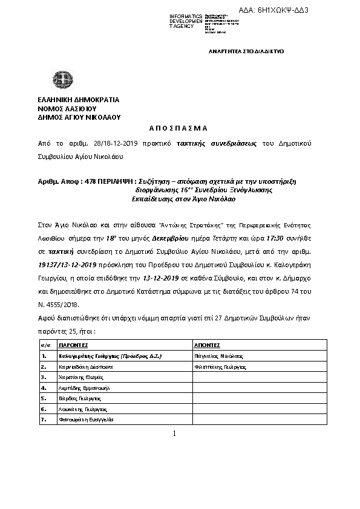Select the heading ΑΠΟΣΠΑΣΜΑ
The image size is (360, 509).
coord(178,128)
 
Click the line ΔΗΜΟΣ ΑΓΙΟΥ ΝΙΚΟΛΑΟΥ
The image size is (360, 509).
coord(79,117)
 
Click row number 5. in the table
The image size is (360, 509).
coord(44,398)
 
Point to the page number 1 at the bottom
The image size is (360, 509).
coord(174,433)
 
